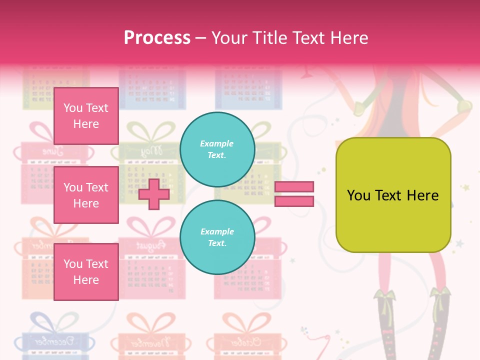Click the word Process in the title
(157, 37)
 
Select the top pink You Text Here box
(86, 116)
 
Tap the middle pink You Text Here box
(86, 195)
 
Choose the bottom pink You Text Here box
(86, 272)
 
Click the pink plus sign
(153, 194)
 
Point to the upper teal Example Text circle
(217, 149)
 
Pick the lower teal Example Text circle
(217, 237)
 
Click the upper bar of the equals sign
(294, 186)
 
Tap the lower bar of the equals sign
(294, 201)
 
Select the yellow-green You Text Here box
(393, 195)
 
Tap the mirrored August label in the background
(149, 245)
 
